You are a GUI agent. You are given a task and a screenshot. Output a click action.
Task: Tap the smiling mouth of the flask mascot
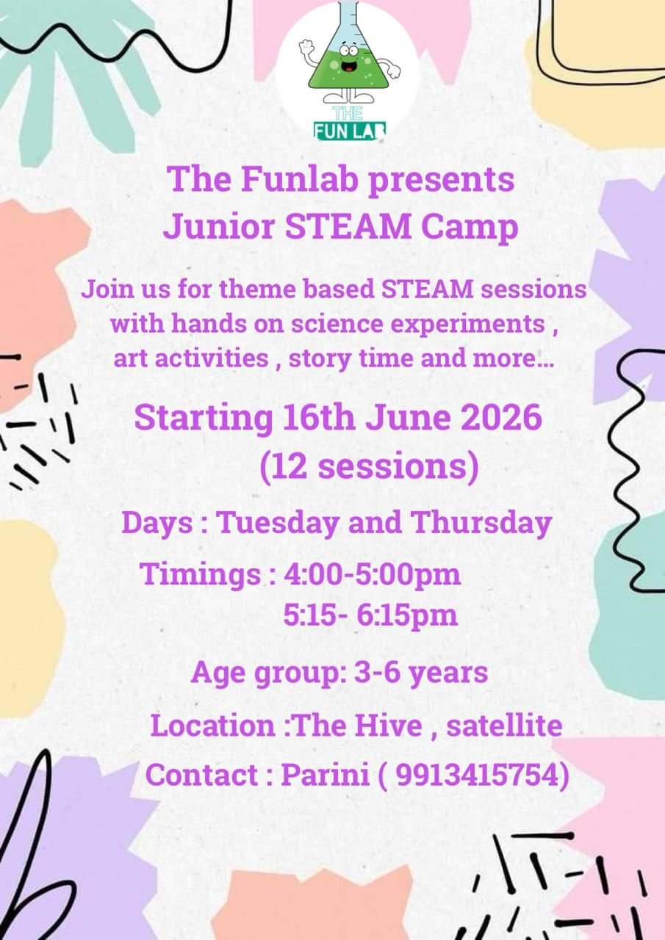pyautogui.click(x=348, y=66)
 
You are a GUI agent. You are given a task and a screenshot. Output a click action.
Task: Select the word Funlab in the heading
pyautogui.click(x=300, y=179)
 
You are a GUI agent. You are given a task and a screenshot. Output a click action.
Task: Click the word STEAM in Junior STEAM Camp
pyautogui.click(x=348, y=226)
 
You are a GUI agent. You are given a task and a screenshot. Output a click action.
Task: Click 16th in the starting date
pyautogui.click(x=319, y=418)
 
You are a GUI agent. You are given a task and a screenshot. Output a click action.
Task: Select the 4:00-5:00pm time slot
pyautogui.click(x=373, y=574)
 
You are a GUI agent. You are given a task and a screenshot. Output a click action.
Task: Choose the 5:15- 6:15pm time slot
pyautogui.click(x=370, y=616)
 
